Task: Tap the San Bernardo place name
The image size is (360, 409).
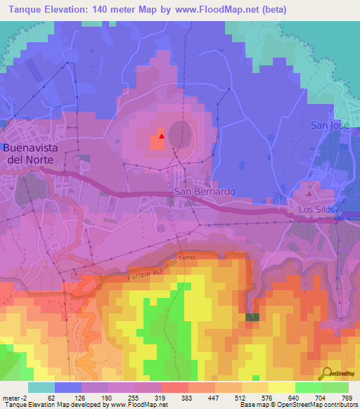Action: pyautogui.click(x=205, y=192)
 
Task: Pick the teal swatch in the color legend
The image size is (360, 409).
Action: pyautogui.click(x=41, y=387)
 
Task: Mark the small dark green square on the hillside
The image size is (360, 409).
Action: pyautogui.click(x=252, y=318)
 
